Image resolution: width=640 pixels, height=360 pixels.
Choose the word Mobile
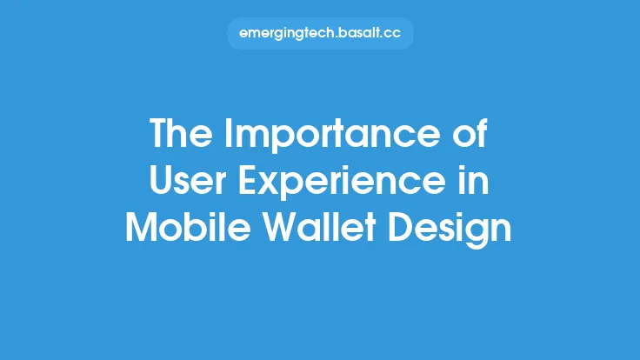[179, 227]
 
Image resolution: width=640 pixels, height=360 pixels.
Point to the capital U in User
[162, 182]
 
